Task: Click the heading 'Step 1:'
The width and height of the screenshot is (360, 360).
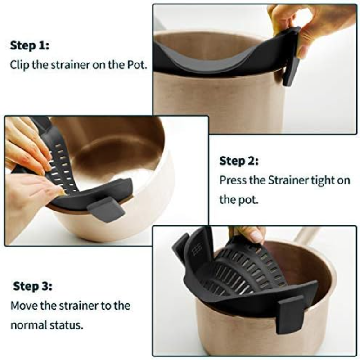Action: [x=30, y=45]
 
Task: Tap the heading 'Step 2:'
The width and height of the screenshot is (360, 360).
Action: [x=239, y=161]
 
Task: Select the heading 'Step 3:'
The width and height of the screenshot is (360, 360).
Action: [x=32, y=286]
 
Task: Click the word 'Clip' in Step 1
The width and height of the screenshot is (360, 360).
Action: [x=19, y=64]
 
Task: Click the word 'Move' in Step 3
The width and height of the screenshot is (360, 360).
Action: [x=24, y=306]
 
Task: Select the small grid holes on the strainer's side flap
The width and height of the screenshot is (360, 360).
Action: [x=197, y=249]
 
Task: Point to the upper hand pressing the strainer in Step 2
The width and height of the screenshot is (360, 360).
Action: [x=27, y=144]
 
